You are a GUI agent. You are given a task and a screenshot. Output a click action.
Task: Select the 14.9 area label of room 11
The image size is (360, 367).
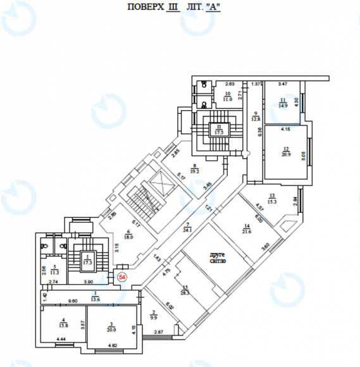pos(283,106)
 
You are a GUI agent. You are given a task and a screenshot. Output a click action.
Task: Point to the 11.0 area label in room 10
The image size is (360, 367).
pos(228,99)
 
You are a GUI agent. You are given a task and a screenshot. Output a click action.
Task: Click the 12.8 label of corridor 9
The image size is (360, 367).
pos(256,118)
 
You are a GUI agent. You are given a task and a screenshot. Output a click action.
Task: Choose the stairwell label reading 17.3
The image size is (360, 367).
pos(86,261)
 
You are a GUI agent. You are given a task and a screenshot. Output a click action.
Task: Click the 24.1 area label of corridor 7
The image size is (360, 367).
pos(188,230)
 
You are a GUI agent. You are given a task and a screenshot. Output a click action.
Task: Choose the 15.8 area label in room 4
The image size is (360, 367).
pos(63,325)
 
